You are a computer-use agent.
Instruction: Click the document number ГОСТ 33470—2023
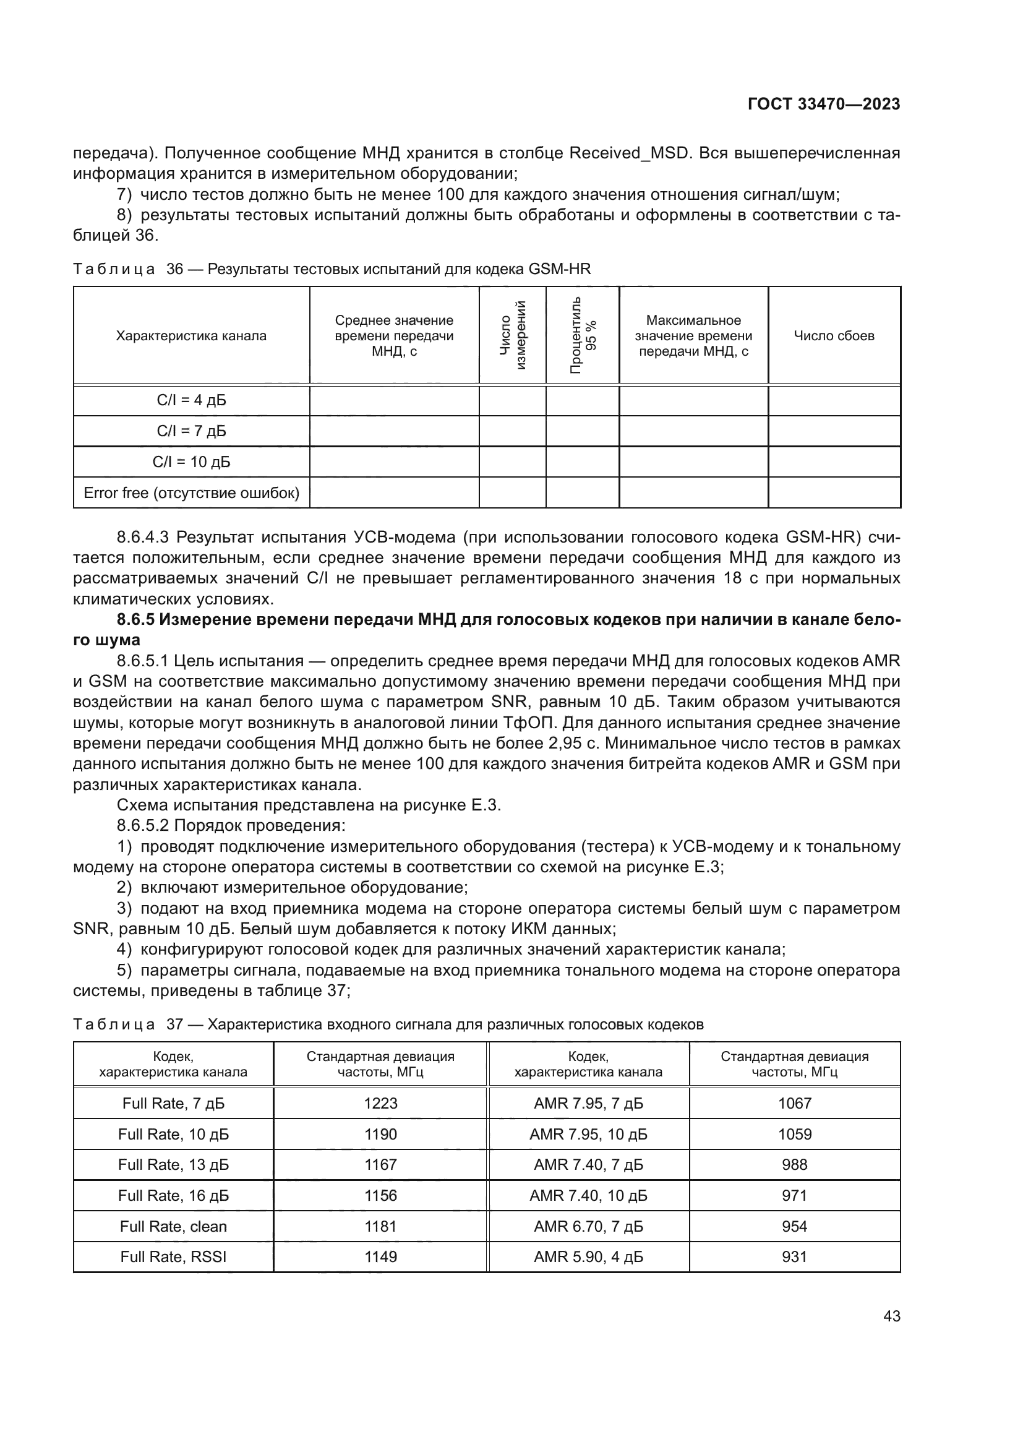823,104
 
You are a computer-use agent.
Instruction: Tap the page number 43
891,1316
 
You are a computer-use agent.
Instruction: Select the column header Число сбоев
833,336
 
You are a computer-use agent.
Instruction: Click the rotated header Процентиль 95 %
583,335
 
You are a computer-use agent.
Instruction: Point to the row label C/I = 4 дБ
191,400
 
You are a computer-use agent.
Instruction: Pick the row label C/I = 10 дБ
191,462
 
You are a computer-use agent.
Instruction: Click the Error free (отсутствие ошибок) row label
191,493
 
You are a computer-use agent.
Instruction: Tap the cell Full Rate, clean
173,1226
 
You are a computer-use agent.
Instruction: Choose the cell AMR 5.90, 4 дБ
588,1256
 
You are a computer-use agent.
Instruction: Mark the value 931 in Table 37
794,1256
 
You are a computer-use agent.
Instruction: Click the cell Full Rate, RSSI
173,1256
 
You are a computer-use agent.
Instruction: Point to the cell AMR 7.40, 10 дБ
588,1196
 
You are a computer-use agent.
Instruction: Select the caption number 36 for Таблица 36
174,269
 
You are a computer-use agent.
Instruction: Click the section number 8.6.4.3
143,537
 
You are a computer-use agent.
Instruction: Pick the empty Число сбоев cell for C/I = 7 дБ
833,431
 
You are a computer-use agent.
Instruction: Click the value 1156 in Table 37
380,1196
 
